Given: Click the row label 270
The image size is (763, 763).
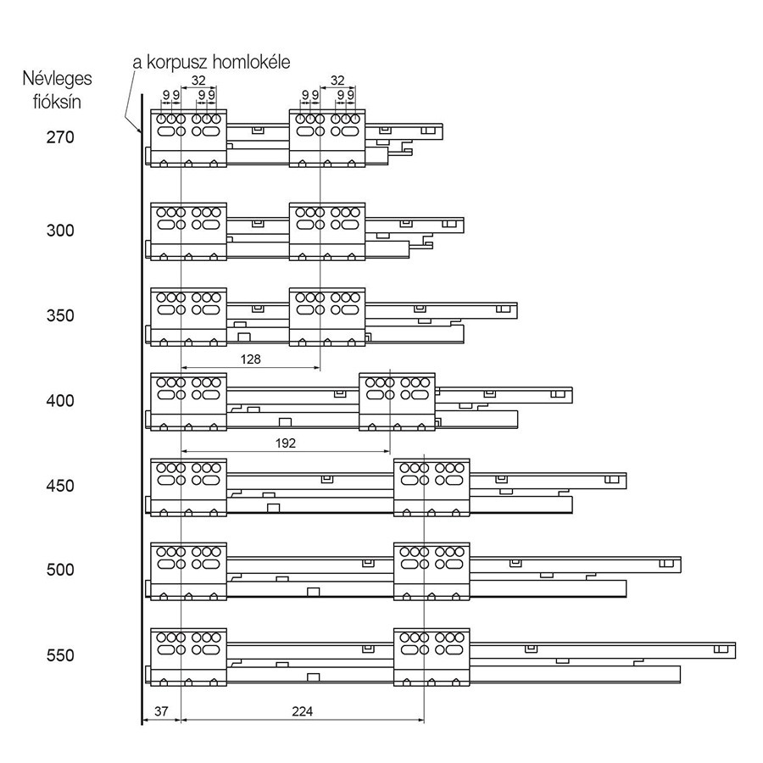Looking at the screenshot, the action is [x=60, y=137].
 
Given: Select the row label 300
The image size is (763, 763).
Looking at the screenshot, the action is [x=60, y=230].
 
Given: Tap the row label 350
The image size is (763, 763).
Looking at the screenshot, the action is [x=60, y=315].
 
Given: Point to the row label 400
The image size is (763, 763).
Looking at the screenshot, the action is [x=60, y=400].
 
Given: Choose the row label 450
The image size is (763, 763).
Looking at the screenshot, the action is [x=60, y=486].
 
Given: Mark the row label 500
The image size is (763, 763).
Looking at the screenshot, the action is [x=60, y=570].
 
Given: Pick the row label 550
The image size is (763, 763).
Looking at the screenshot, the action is [x=60, y=655].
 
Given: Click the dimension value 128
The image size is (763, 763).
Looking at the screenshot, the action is [x=251, y=359].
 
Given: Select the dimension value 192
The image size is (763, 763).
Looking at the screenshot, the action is [x=286, y=443].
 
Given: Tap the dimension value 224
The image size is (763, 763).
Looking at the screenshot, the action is [x=302, y=711].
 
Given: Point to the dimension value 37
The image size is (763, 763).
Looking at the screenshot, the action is [x=161, y=711].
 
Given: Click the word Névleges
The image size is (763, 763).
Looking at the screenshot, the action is [x=57, y=79].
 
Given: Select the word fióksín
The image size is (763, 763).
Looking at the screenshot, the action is [x=57, y=103].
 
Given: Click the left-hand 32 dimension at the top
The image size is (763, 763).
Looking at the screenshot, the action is [x=198, y=80].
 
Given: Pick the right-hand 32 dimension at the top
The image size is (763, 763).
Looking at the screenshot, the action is [x=337, y=80].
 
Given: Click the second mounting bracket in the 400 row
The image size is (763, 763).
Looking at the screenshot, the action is [x=397, y=402].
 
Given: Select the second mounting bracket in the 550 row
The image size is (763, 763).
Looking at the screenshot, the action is [x=432, y=657].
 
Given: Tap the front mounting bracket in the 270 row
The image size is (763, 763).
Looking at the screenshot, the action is [x=189, y=138].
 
